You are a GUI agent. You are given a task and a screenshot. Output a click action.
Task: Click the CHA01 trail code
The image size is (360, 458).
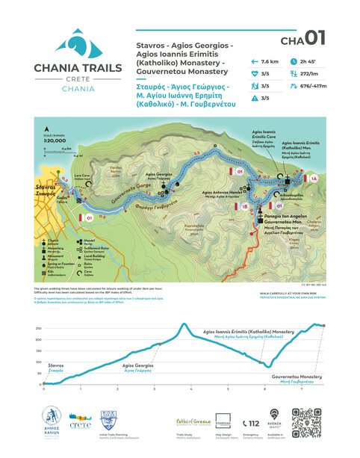(302, 38)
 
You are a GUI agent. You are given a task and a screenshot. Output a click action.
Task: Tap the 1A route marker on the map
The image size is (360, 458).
(314, 179)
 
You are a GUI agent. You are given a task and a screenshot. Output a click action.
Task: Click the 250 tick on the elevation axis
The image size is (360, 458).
(38, 328)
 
